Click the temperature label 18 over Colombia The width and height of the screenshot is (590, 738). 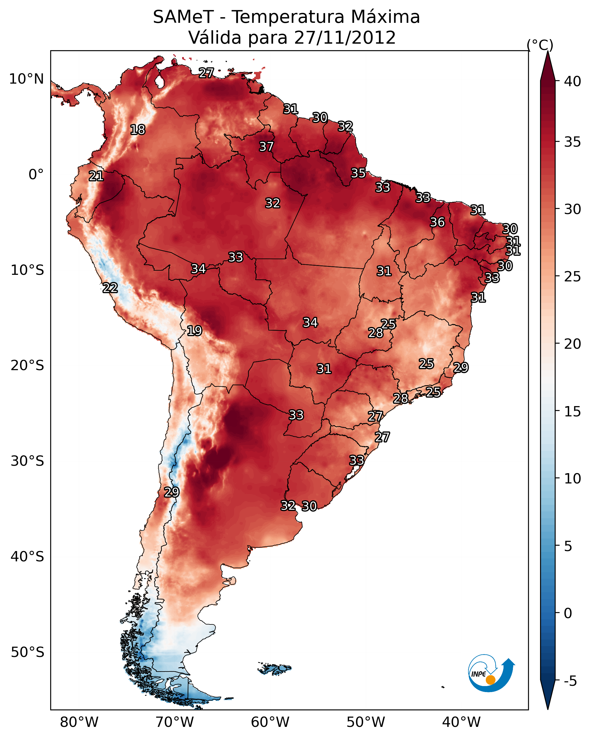coord(138,130)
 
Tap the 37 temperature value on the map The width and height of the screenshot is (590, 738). coord(266,146)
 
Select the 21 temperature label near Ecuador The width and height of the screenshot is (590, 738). coord(96,176)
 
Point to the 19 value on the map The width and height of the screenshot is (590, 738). coord(194,331)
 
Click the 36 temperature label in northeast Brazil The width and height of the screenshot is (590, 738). coord(437,222)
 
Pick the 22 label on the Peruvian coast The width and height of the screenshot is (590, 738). coord(110,288)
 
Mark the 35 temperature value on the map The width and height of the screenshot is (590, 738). coord(358,173)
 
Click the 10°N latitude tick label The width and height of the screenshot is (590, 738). coord(26,79)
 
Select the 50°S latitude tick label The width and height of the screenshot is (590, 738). coord(27,652)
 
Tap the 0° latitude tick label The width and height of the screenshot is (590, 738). coord(36,175)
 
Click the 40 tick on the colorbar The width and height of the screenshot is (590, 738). coord(573,81)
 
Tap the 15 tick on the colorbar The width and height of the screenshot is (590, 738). coord(573,412)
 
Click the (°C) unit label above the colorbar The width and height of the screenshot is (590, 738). coord(540,45)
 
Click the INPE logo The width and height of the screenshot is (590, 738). coord(491,673)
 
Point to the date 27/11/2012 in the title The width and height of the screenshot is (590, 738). coord(345,38)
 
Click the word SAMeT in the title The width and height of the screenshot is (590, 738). coord(183,17)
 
